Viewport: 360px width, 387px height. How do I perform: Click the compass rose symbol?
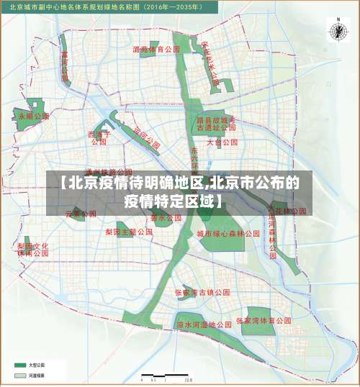(x=337, y=30)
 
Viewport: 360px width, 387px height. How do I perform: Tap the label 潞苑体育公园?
(x=156, y=50)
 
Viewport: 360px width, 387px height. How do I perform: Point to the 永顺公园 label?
(x=34, y=115)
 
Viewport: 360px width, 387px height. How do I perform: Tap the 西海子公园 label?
(x=99, y=137)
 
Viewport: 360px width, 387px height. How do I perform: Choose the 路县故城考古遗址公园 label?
(x=216, y=123)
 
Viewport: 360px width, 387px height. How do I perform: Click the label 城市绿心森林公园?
(x=228, y=234)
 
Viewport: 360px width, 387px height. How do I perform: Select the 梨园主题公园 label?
(x=129, y=232)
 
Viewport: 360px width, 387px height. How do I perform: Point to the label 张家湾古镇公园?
(x=203, y=293)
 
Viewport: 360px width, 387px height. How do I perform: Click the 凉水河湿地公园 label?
(x=204, y=325)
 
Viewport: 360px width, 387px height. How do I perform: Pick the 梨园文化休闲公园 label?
(x=32, y=249)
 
